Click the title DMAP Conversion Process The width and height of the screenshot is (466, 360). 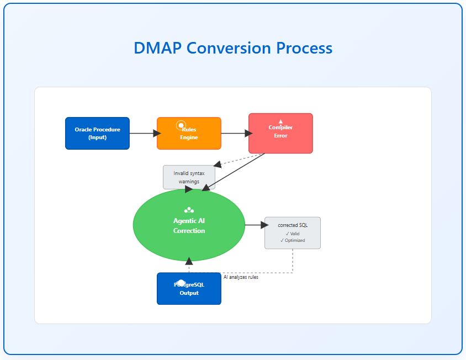(x=232, y=48)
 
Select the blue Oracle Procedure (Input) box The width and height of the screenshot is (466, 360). (x=97, y=133)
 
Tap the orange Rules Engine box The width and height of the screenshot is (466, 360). (x=189, y=133)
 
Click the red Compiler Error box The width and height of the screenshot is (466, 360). (x=280, y=133)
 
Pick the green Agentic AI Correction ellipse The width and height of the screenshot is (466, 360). (x=189, y=225)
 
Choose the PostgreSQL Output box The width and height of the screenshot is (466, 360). (x=189, y=289)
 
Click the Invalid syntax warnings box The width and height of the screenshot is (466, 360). (x=189, y=177)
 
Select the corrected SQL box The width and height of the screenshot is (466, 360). (x=292, y=232)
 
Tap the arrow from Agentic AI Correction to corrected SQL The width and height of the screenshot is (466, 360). (x=255, y=225)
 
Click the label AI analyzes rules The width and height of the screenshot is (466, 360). (x=241, y=277)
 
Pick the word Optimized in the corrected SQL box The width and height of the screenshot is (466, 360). (x=295, y=240)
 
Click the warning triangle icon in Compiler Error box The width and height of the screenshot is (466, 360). (x=280, y=121)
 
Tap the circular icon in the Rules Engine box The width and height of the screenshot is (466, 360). (x=181, y=125)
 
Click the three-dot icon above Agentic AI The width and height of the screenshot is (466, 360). (x=189, y=210)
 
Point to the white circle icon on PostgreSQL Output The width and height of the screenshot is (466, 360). (x=181, y=283)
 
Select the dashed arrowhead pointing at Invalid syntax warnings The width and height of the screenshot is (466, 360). (x=218, y=164)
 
